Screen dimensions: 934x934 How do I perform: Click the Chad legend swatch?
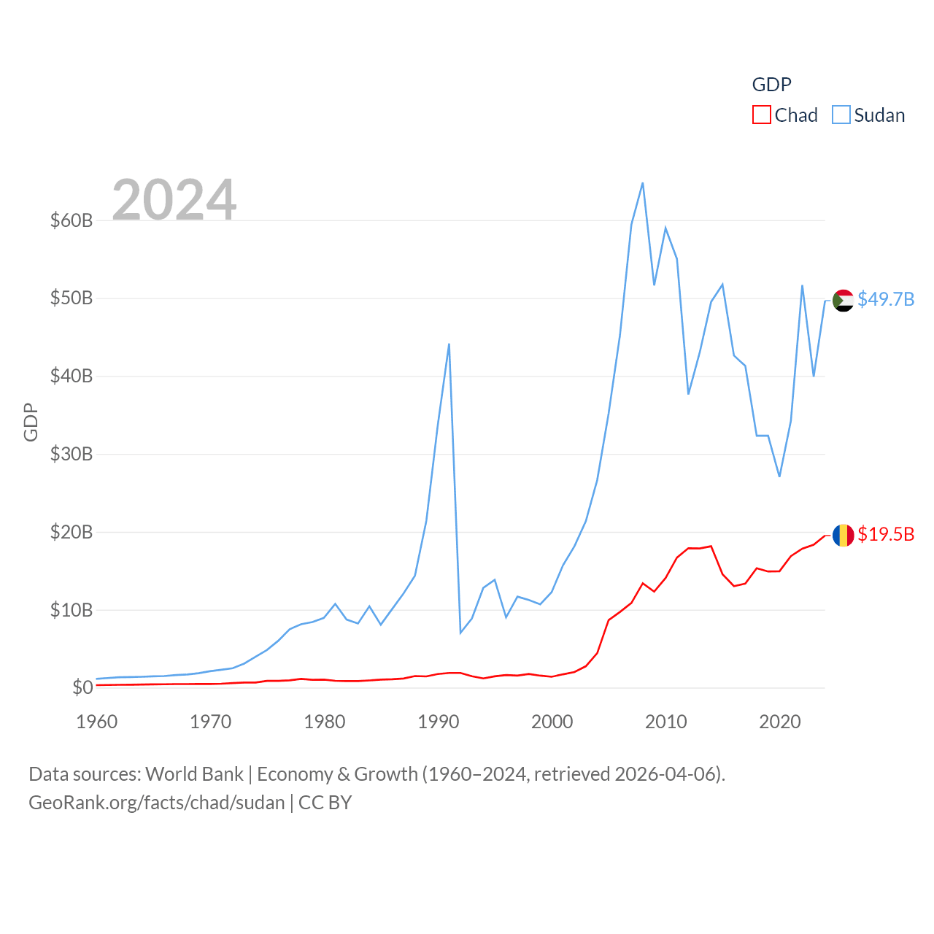click(x=762, y=115)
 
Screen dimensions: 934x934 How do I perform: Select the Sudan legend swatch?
click(x=841, y=115)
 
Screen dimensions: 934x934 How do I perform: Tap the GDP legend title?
click(x=771, y=85)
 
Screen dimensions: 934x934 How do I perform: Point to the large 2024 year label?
click(x=174, y=199)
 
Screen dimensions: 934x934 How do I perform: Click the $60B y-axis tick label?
click(x=72, y=220)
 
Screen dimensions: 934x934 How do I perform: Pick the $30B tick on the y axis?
click(x=72, y=454)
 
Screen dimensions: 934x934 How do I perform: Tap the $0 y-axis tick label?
click(x=82, y=687)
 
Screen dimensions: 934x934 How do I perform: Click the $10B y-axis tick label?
click(x=72, y=610)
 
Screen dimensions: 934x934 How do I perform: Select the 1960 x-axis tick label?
click(x=97, y=722)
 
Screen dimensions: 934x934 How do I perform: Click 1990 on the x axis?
click(x=439, y=722)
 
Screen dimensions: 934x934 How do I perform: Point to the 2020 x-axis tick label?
click(x=780, y=722)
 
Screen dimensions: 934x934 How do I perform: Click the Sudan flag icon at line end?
click(x=843, y=300)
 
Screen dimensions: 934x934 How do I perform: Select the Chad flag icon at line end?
click(x=843, y=535)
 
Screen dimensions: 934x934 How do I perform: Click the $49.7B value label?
click(x=886, y=299)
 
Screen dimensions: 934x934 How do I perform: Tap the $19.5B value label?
click(x=886, y=534)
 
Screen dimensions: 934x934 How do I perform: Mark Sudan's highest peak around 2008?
click(x=642, y=183)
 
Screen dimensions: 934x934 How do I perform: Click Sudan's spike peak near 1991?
click(x=449, y=344)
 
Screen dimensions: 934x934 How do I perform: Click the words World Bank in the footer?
click(x=194, y=773)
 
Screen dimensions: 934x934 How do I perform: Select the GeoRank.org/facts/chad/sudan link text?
click(x=157, y=803)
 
